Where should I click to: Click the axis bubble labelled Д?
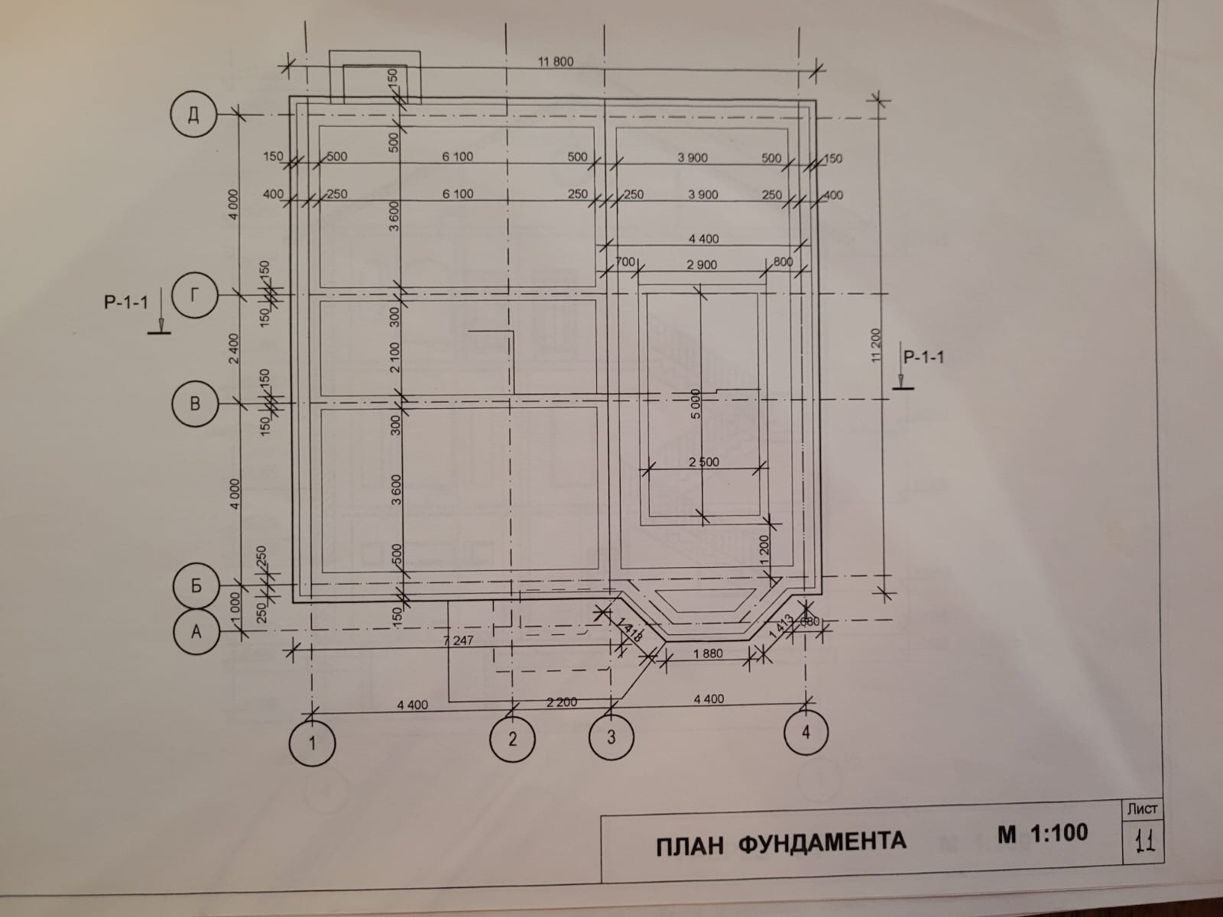194,115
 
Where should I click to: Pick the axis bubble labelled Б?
196,585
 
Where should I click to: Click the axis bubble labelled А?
196,631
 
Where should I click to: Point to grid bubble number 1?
312,742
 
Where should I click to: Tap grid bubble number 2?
512,738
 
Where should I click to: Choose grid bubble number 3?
611,737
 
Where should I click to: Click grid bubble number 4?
806,731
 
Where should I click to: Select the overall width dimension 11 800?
555,62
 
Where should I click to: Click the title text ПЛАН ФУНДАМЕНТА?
780,842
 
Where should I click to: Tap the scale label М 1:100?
1043,833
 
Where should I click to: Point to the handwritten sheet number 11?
1144,842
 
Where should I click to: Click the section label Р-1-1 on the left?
126,303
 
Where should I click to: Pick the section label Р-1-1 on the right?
923,356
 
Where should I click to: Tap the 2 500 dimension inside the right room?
703,463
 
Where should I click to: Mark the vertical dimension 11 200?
876,348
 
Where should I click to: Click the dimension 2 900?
701,265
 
